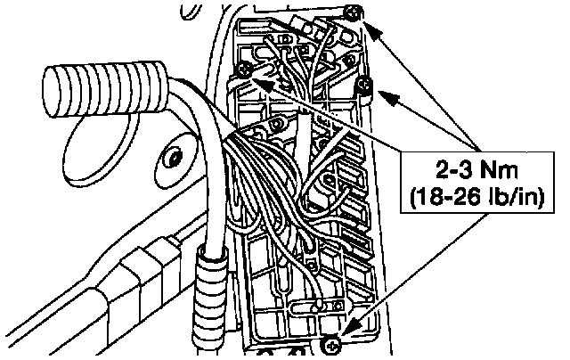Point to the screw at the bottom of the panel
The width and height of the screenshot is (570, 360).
tap(330, 342)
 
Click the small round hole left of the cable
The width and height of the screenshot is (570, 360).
tap(171, 160)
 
